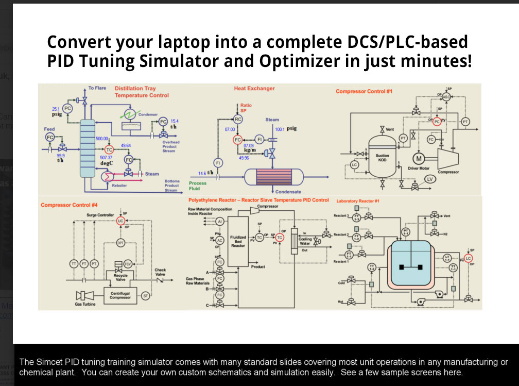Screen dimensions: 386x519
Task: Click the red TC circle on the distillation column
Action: pos(109,149)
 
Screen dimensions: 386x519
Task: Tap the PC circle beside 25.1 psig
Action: pos(68,109)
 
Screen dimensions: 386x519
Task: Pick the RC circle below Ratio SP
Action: pos(238,119)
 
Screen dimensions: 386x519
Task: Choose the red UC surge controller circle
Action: pos(120,221)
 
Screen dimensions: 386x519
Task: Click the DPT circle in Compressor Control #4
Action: pos(120,242)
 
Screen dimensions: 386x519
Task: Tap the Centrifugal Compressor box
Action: pos(120,295)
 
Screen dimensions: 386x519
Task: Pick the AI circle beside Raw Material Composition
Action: pos(220,221)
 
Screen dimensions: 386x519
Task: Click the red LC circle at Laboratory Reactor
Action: pos(468,258)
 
